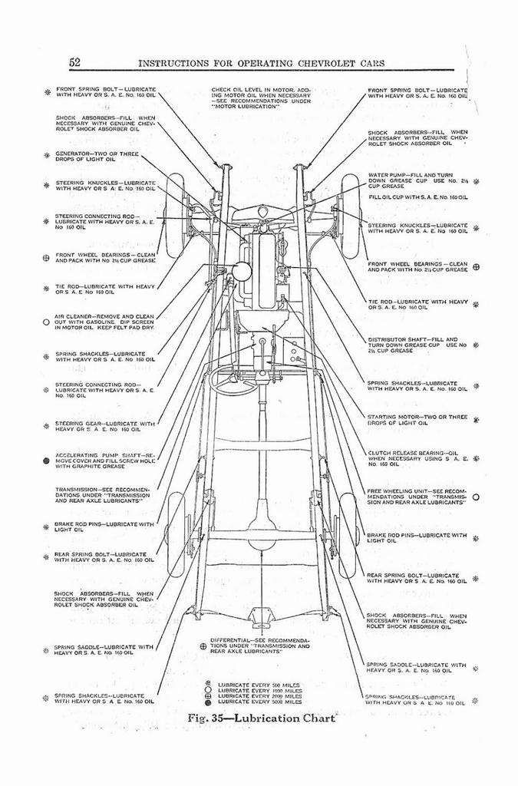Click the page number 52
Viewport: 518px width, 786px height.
click(x=75, y=62)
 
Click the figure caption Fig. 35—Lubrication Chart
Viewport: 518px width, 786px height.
click(x=262, y=718)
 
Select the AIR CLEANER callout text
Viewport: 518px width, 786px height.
click(x=104, y=322)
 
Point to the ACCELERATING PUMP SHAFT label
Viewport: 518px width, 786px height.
click(x=104, y=460)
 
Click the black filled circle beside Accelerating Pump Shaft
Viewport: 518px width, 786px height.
click(x=46, y=461)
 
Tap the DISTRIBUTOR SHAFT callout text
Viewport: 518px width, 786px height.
click(x=417, y=345)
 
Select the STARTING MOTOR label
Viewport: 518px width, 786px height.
click(x=417, y=420)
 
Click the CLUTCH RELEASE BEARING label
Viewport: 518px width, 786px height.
click(x=417, y=458)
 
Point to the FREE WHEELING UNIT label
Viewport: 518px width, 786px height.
click(x=417, y=496)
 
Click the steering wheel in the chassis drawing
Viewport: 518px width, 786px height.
click(x=233, y=381)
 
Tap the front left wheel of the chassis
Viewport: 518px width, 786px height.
click(x=175, y=216)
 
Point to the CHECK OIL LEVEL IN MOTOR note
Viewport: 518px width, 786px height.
click(x=261, y=98)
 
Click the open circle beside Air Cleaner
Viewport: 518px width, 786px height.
click(x=46, y=322)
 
